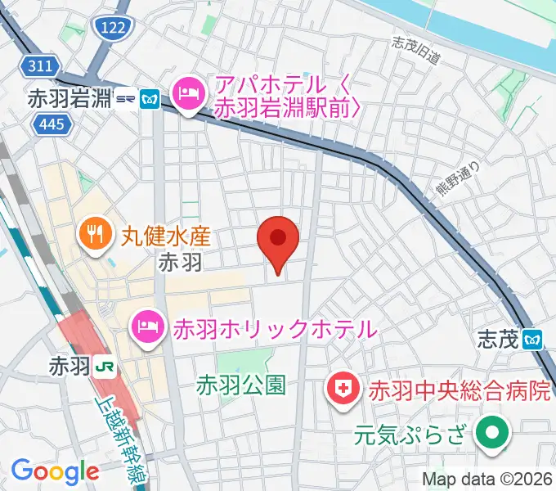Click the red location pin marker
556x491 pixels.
278,239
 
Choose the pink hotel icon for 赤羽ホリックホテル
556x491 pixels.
147,327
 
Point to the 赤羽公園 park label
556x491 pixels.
241,385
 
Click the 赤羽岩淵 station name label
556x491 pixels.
69,98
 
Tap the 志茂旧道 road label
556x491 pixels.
416,51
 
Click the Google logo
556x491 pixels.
55,471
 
